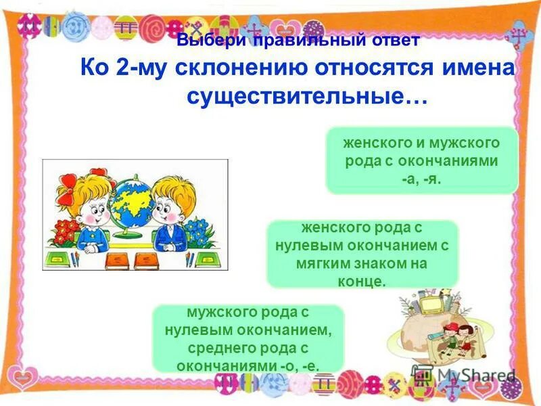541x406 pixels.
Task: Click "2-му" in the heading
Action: (x=139, y=69)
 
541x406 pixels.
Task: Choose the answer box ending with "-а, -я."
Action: (x=421, y=161)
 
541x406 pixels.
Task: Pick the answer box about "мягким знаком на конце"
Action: (x=362, y=254)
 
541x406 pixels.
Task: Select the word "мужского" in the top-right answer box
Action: (x=466, y=143)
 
